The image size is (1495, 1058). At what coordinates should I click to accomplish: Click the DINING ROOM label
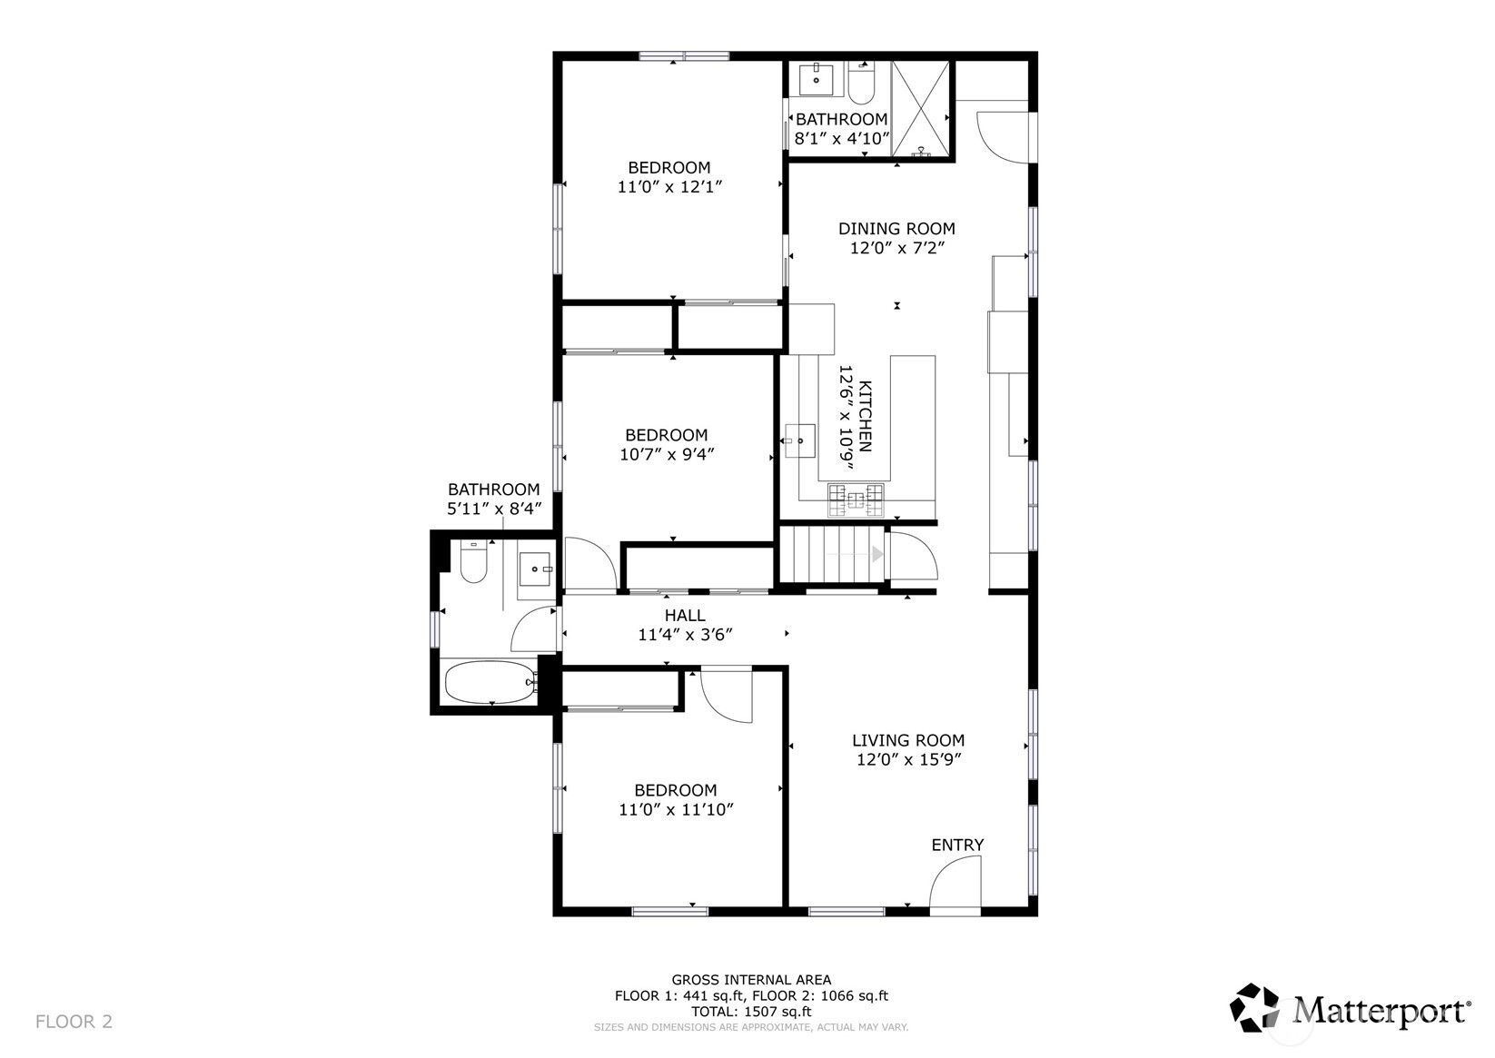[x=896, y=229]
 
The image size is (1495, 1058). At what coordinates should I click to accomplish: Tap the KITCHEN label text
[x=865, y=417]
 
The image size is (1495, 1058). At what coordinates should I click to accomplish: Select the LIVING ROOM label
[x=908, y=740]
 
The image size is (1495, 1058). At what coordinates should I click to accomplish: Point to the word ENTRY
[x=957, y=845]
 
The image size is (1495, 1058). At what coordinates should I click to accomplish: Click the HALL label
[x=685, y=616]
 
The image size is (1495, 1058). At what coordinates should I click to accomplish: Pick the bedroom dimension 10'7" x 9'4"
[x=667, y=455]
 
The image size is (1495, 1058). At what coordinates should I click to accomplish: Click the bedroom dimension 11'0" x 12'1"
[x=669, y=187]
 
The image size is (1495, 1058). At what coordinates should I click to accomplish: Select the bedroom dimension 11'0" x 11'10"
[x=676, y=810]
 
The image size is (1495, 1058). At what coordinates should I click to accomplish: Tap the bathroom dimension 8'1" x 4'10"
[x=842, y=139]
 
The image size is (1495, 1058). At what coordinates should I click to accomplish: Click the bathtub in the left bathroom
[x=491, y=681]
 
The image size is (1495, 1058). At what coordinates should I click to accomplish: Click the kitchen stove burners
[x=856, y=500]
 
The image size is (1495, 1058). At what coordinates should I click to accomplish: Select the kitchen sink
[x=800, y=440]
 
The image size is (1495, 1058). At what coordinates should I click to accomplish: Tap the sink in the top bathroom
[x=817, y=79]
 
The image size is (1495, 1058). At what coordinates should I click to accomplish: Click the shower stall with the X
[x=920, y=109]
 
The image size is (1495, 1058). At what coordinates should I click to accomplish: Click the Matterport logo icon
[x=1254, y=1008]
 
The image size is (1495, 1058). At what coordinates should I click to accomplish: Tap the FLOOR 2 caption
[x=74, y=1022]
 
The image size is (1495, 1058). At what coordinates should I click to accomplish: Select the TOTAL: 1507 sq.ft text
[x=751, y=1012]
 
